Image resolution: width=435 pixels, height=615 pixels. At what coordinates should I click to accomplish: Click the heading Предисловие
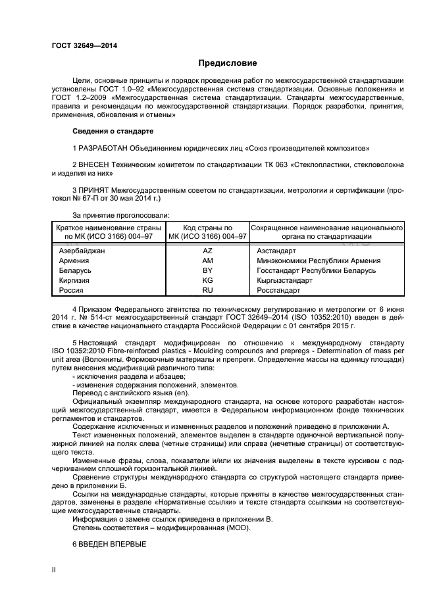tap(228, 63)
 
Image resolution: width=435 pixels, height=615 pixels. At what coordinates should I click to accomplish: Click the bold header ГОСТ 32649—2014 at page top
tap(79, 45)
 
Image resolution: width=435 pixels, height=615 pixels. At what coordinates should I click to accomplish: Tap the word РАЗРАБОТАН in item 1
tap(104, 147)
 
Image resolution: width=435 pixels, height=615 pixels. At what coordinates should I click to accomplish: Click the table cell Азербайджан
tap(82, 251)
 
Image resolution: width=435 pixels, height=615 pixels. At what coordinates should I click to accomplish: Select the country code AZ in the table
tap(208, 251)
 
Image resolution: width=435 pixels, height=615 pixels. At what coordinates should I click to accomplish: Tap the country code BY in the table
tap(208, 270)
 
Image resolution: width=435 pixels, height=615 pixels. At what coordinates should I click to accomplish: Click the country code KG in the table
tap(208, 280)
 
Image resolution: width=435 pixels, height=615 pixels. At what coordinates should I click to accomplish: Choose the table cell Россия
tap(71, 290)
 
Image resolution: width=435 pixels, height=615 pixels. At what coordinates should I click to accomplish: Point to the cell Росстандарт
tap(278, 290)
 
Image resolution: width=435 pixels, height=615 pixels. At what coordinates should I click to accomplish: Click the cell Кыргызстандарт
tap(284, 280)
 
